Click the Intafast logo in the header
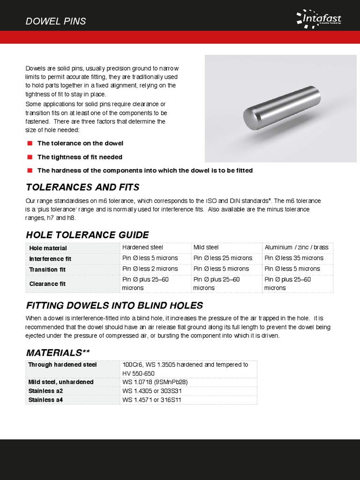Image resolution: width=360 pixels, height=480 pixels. [x=319, y=19]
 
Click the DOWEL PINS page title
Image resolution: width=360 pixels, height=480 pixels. [x=56, y=22]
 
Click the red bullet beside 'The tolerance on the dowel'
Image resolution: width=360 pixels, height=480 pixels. [x=30, y=143]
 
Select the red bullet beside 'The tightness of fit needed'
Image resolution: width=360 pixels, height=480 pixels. [x=30, y=157]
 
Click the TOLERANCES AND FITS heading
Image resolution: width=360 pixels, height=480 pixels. [x=82, y=187]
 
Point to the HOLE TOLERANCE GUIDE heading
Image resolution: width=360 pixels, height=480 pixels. [x=87, y=235]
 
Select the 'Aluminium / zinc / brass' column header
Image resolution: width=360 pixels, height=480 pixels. [x=296, y=247]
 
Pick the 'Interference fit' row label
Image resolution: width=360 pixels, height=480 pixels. [x=50, y=259]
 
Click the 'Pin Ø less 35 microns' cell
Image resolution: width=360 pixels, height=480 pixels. [x=292, y=258]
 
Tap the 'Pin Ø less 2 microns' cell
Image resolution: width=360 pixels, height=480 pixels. [x=150, y=269]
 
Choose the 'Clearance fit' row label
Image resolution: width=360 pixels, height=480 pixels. [x=47, y=284]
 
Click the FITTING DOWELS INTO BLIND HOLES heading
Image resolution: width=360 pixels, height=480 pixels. [x=114, y=306]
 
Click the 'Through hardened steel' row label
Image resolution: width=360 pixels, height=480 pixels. [x=62, y=365]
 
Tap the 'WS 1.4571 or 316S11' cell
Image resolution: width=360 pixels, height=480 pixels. [x=151, y=400]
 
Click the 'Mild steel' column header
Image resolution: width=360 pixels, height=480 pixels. [x=206, y=247]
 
